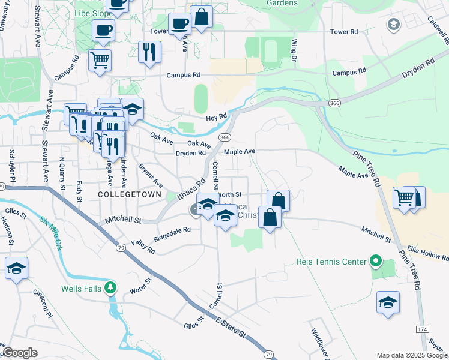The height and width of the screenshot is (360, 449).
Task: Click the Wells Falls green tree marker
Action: [110, 288]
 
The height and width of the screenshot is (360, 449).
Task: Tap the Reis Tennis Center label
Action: [331, 262]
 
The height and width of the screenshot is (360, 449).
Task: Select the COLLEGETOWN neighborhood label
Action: [130, 195]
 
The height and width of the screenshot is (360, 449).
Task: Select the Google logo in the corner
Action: [20, 353]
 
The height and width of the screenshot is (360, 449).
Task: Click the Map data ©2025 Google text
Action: [411, 355]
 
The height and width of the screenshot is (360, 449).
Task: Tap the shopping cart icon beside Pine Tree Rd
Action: [404, 197]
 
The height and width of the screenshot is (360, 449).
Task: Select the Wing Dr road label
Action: [294, 49]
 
